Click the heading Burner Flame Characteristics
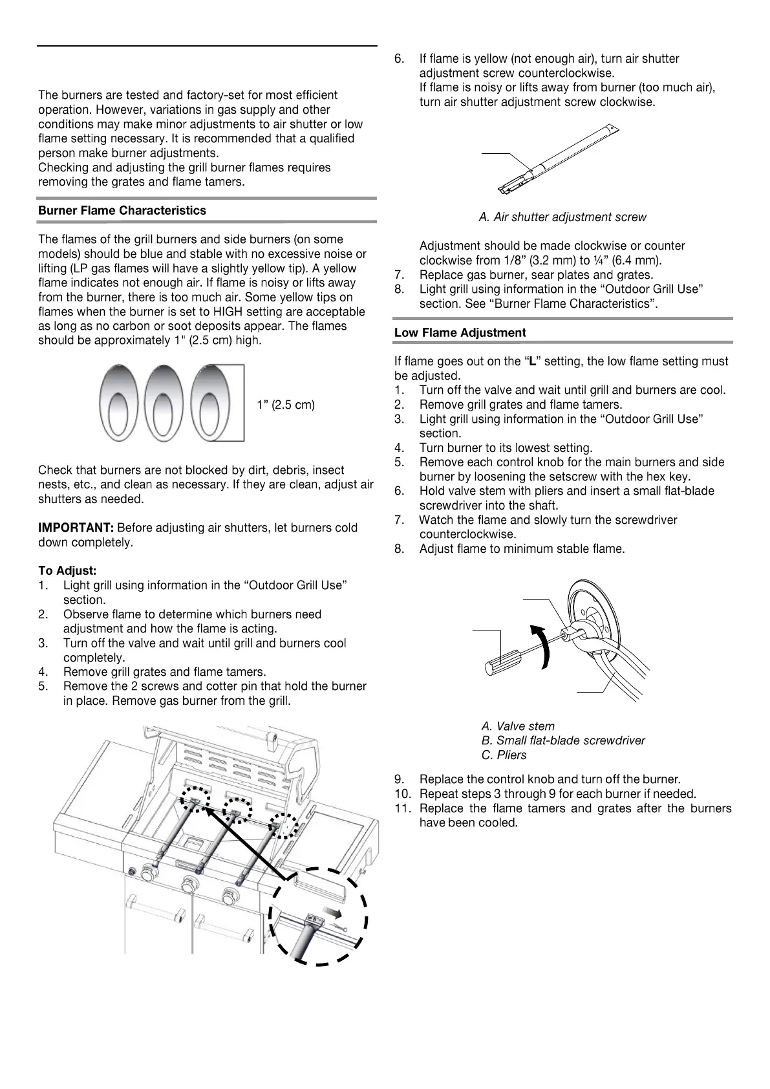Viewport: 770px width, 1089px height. coord(122,211)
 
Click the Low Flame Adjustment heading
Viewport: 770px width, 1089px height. coord(460,333)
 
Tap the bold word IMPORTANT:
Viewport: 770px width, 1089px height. coord(76,528)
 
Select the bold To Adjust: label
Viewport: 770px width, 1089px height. coord(67,571)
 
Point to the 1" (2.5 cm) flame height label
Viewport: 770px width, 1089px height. coord(286,405)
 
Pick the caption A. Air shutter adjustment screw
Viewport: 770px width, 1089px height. coord(562,217)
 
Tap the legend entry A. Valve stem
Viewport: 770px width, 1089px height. coord(518,726)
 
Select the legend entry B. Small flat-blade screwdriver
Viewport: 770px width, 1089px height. coord(563,740)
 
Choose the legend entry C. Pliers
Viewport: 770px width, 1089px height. coord(504,755)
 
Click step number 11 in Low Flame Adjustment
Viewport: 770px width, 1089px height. coord(401,809)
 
